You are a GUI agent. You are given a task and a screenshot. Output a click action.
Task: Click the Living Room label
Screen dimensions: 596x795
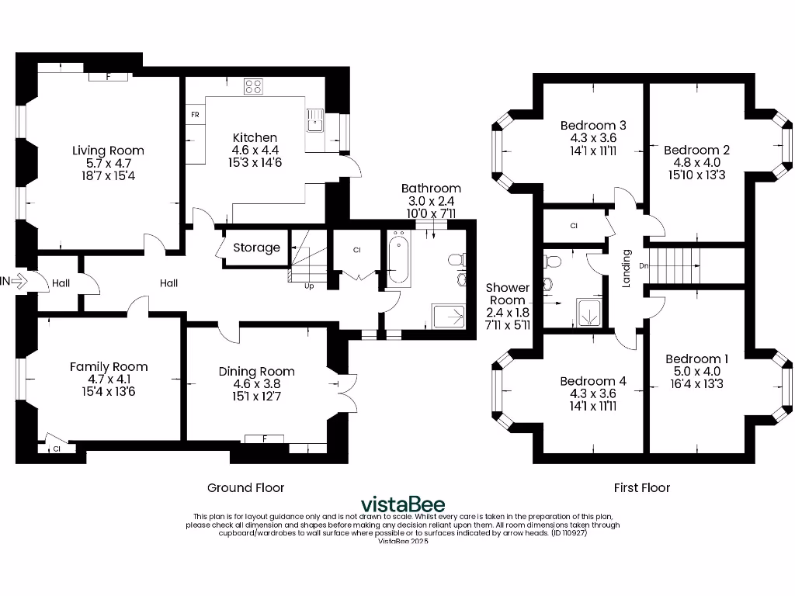[x=108, y=151]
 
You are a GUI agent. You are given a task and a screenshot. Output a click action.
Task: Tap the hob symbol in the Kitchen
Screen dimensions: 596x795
[x=253, y=86]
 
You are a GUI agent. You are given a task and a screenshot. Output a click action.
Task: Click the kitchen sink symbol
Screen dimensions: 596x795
[x=315, y=120]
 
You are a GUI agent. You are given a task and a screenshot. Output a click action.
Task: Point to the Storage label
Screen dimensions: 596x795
[x=256, y=248]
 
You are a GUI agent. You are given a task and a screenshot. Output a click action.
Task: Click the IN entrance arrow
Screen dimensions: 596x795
[x=16, y=281]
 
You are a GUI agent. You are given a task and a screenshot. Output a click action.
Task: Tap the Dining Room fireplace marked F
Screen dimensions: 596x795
[x=264, y=439]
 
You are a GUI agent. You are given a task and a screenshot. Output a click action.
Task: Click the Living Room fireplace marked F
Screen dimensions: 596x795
[x=108, y=77]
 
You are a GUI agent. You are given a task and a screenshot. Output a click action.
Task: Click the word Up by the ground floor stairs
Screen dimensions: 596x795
[x=309, y=286]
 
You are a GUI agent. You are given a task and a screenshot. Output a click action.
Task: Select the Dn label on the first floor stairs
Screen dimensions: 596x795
[x=644, y=265]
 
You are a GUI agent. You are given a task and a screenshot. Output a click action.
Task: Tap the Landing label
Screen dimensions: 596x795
[x=627, y=268]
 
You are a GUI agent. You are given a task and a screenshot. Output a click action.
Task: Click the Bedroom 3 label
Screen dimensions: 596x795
[x=593, y=125]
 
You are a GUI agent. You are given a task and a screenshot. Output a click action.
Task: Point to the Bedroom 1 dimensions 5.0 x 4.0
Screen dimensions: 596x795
[x=696, y=372]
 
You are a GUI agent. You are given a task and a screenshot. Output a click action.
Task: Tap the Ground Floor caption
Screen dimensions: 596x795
[x=245, y=487]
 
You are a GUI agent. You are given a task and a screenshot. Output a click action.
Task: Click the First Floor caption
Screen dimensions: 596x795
[x=641, y=487]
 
